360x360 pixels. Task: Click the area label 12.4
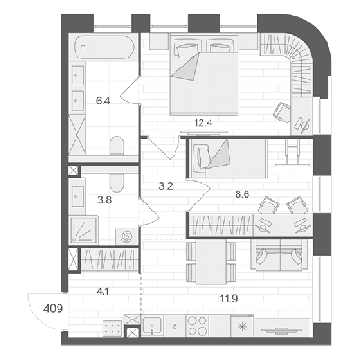pos(203,122)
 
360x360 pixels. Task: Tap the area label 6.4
pos(103,101)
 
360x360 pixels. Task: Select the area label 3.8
pos(104,200)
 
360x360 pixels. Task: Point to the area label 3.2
pos(166,186)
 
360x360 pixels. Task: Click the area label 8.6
pos(242,194)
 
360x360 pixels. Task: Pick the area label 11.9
pos(229,298)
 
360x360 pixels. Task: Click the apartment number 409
pos(53,309)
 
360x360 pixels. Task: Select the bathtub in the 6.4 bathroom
pos(103,47)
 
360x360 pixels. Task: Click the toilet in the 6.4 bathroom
pos(117,146)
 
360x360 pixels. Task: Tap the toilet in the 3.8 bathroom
pos(117,182)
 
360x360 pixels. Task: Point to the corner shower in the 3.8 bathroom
pos(85,229)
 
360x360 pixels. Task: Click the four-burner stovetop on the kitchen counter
pos(197,326)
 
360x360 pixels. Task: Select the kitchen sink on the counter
pos(152,326)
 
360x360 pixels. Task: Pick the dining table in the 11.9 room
pos(211,262)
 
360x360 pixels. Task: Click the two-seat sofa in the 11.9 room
pos(279,255)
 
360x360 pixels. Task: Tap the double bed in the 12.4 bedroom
pos(204,75)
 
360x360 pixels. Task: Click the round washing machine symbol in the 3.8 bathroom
pos(127,236)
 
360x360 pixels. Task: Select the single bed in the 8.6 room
pos(228,157)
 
